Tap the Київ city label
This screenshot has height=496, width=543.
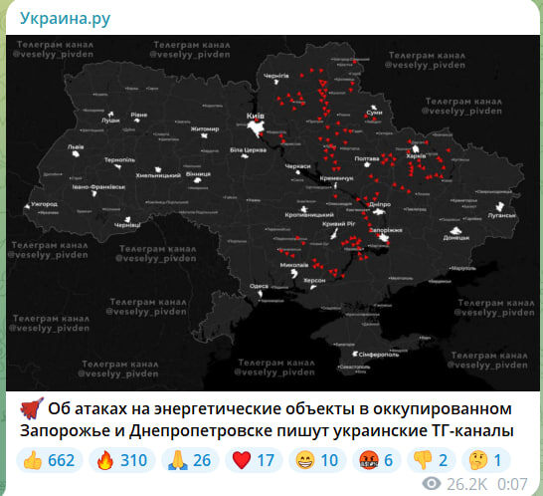point(255,117)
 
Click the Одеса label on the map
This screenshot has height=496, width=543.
point(259,286)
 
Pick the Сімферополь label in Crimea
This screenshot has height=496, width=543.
point(364,354)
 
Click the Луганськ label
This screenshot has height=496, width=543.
point(501,214)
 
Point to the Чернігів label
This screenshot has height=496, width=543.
point(275,76)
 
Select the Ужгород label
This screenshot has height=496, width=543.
point(45,204)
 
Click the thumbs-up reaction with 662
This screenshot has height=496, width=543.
point(48,460)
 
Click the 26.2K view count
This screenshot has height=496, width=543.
point(467,483)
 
